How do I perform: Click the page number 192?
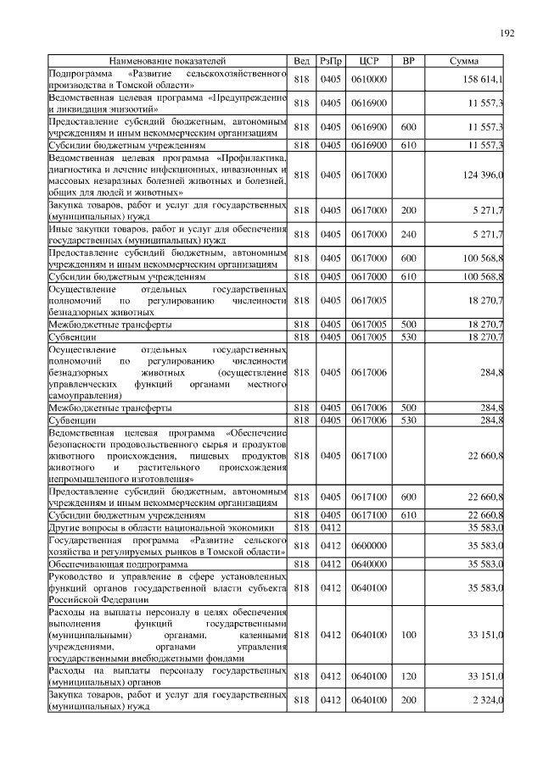507,33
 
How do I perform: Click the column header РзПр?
331,61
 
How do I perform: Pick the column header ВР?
408,61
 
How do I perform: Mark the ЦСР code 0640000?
369,564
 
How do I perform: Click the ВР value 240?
408,233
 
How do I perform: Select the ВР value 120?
408,675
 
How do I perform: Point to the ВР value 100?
408,634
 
